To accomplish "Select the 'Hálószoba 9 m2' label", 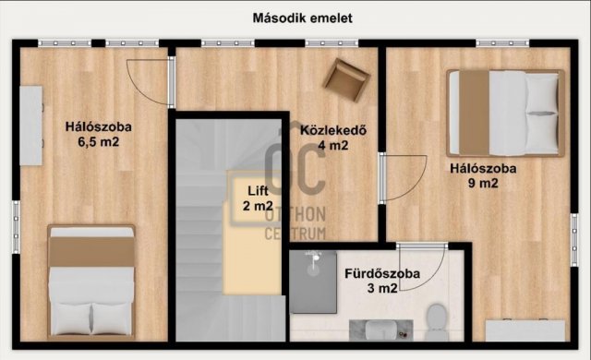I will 482,175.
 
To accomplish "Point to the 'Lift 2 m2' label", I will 259,198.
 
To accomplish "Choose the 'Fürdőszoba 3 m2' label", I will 382,281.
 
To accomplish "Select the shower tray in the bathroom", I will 313,281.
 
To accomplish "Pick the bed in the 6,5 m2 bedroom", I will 91,282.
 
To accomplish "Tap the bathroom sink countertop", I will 369,328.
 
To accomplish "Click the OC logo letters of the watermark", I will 295,175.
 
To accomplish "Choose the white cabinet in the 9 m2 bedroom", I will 522,330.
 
